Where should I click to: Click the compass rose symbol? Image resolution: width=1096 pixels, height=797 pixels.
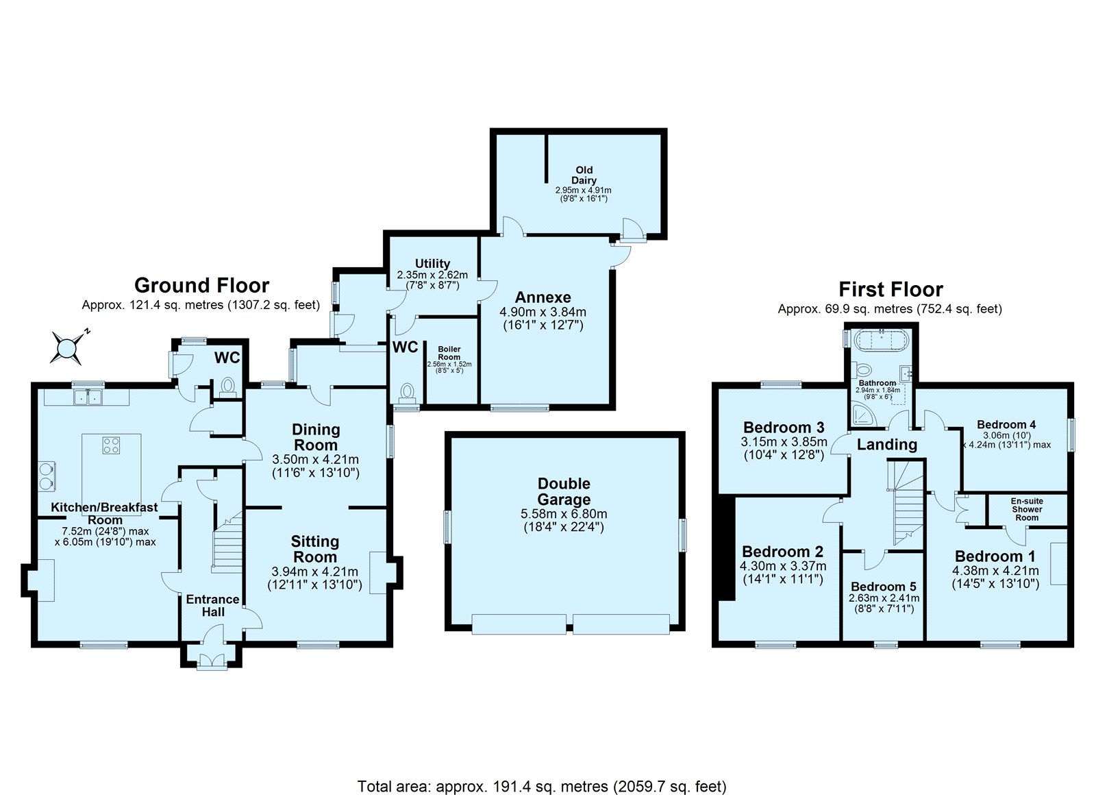coord(68,347)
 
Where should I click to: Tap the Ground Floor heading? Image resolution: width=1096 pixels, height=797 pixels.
coord(201,285)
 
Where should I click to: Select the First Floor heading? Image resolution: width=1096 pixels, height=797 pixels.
coord(891,289)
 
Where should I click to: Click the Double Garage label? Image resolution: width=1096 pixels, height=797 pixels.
coord(564,491)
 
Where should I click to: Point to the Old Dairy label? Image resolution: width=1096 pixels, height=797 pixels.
coord(584,175)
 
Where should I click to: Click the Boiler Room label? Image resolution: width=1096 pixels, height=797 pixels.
coord(449,353)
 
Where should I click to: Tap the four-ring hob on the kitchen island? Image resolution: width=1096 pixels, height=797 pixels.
coord(111,445)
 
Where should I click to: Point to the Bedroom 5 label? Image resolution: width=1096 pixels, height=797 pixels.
coord(883,587)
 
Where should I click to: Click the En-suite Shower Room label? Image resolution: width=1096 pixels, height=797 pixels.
coord(1027,510)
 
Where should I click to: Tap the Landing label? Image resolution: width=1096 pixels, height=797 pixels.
coord(887,445)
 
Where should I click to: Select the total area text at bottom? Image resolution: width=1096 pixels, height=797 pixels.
coord(541,787)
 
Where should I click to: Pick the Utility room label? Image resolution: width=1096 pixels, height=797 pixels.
coord(433,264)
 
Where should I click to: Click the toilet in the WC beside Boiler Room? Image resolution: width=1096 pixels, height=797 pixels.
coord(408,393)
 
